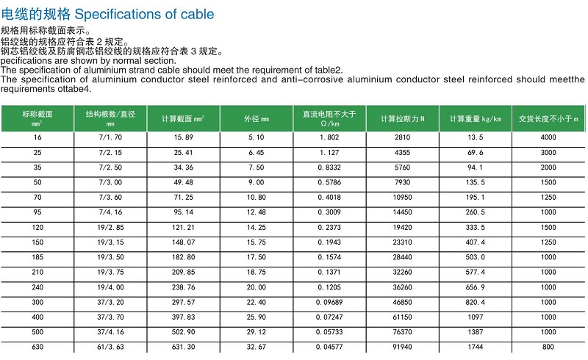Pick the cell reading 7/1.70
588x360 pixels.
pos(110,137)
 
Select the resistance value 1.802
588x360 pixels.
pos(329,137)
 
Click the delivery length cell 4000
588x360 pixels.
pos(548,137)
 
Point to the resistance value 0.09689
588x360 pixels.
pos(329,301)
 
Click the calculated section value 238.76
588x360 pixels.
pos(184,287)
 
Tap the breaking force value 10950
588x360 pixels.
pos(403,197)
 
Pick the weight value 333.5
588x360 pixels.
pos(476,227)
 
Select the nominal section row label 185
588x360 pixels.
pos(37,256)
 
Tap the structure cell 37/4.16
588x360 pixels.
pos(110,331)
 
